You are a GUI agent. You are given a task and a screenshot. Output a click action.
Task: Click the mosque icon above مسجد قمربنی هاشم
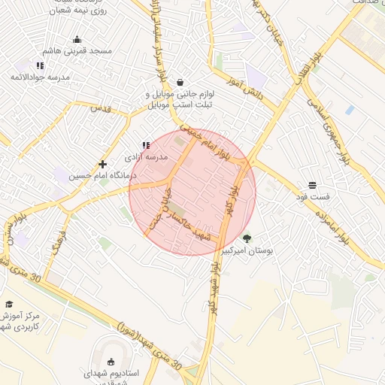(76, 40)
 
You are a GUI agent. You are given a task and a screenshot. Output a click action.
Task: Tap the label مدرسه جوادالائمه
(39, 77)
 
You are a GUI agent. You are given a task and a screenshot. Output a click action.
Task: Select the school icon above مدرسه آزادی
(145, 145)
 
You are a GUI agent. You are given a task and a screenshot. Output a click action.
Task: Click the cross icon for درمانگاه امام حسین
(102, 164)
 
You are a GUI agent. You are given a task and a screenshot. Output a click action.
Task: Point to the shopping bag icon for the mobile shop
(179, 82)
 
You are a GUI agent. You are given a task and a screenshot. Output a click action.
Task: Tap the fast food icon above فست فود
(312, 185)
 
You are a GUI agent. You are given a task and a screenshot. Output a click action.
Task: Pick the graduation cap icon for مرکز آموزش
(9, 304)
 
